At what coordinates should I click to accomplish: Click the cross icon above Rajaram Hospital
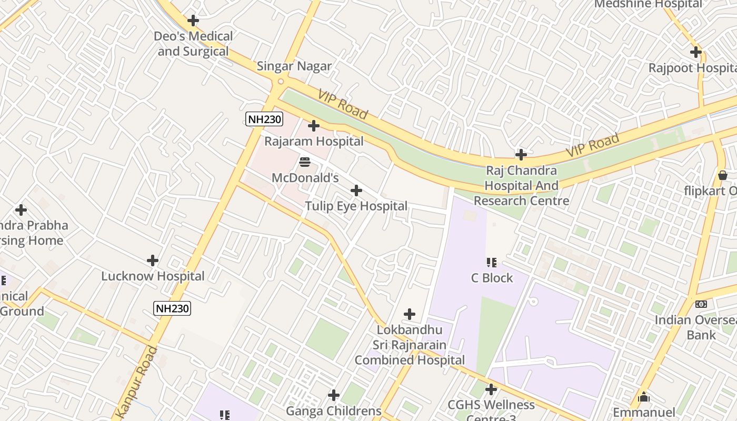tap(314, 126)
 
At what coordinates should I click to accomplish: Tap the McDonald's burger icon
tap(304, 162)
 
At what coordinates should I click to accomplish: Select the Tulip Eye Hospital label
tap(356, 206)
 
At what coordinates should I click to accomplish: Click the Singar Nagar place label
tap(294, 66)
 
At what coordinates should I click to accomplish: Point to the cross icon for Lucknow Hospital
tap(153, 260)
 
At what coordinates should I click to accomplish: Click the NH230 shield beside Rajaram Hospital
tap(264, 119)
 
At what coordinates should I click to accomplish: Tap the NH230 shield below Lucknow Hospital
tap(172, 308)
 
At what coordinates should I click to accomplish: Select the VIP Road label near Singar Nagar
tap(343, 104)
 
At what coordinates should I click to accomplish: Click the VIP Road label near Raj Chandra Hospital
tap(593, 145)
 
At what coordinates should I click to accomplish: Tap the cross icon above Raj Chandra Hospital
tap(521, 155)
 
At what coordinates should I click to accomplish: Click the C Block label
tap(492, 278)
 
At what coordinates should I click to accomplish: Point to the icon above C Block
tap(492, 262)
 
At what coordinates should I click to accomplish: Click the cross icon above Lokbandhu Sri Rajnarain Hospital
tap(410, 314)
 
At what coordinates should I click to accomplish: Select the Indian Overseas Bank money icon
tap(701, 304)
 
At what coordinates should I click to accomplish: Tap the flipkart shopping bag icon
tap(723, 175)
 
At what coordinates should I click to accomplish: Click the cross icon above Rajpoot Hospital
tap(696, 52)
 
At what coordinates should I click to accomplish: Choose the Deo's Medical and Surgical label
tap(193, 44)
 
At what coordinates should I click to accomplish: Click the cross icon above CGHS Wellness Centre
tap(491, 389)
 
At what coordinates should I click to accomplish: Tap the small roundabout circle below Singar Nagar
tap(281, 82)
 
